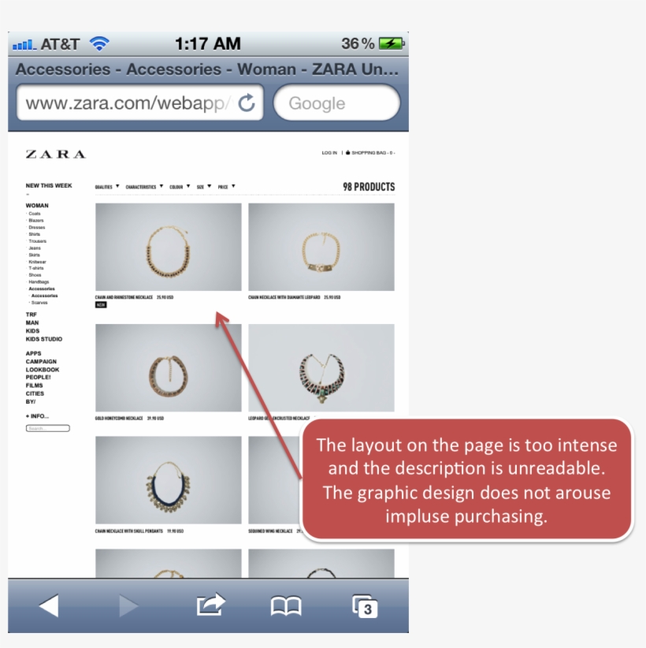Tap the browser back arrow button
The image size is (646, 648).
click(49, 605)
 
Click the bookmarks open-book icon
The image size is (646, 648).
click(286, 605)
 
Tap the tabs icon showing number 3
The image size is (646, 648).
click(365, 606)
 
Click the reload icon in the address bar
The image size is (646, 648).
click(247, 102)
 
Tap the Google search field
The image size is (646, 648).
click(336, 103)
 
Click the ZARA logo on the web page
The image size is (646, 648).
click(55, 155)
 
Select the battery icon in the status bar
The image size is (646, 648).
click(391, 43)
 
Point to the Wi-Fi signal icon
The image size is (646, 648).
click(99, 43)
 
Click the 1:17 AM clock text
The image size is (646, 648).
click(207, 43)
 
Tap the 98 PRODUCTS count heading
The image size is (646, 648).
click(369, 187)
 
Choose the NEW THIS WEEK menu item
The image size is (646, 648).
click(49, 186)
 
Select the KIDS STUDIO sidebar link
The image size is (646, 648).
click(44, 339)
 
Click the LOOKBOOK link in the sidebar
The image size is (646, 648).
click(43, 370)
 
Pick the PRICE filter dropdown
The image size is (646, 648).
click(226, 187)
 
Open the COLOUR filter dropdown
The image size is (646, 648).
click(180, 187)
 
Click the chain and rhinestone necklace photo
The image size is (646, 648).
click(169, 247)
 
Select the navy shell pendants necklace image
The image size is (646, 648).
click(169, 480)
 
